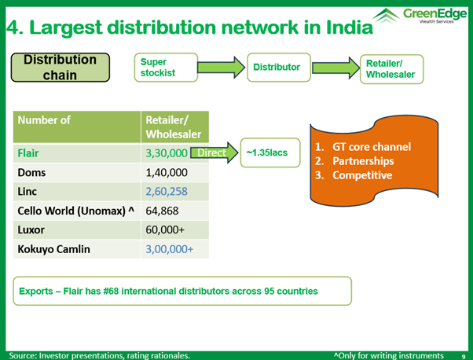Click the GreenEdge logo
click(420, 16)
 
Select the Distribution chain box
click(60, 68)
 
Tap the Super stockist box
click(166, 68)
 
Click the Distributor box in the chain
click(279, 68)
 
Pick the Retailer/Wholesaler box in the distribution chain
click(391, 69)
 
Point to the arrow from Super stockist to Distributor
click(221, 68)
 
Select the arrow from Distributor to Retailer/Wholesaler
click(335, 68)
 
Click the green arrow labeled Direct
click(214, 152)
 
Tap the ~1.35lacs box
click(270, 152)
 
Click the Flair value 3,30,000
click(167, 153)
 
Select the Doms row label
click(31, 173)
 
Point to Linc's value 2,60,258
click(167, 191)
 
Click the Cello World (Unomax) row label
click(75, 211)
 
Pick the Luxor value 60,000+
click(165, 230)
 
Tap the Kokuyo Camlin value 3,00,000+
click(169, 249)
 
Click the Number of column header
click(44, 120)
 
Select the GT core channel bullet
click(363, 147)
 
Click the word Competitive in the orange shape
click(362, 175)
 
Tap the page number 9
click(464, 356)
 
